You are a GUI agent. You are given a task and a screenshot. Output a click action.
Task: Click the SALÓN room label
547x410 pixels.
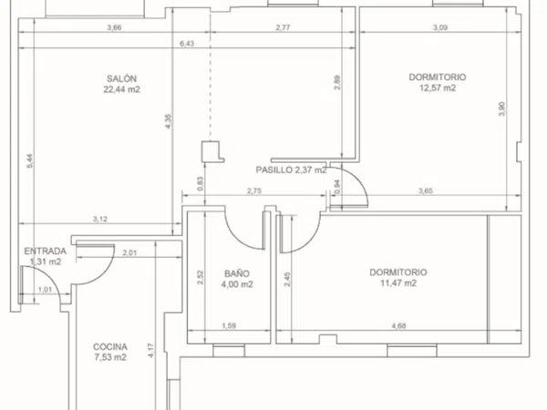pyautogui.click(x=121, y=78)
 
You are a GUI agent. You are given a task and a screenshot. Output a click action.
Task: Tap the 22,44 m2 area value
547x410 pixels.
pyautogui.click(x=121, y=89)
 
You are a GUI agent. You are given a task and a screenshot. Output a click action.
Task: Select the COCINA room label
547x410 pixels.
pyautogui.click(x=110, y=347)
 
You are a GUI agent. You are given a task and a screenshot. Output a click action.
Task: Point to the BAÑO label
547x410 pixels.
pyautogui.click(x=237, y=273)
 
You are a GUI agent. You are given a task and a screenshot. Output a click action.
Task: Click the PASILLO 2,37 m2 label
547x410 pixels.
pyautogui.click(x=292, y=170)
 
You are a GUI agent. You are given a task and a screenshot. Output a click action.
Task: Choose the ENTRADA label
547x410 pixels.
pyautogui.click(x=45, y=251)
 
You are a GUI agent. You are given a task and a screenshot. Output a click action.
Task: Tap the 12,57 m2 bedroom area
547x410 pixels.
pyautogui.click(x=438, y=87)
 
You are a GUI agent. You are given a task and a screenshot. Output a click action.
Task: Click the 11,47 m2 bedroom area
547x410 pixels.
pyautogui.click(x=398, y=283)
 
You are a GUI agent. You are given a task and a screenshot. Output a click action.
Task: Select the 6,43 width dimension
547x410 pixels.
pyautogui.click(x=187, y=44)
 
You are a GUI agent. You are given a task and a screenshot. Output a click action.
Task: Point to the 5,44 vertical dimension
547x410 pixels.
pyautogui.click(x=30, y=161)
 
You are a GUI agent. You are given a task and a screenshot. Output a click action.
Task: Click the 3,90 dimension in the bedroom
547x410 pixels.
pyautogui.click(x=502, y=109)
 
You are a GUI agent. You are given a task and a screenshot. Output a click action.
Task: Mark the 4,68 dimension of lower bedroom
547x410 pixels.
pyautogui.click(x=398, y=326)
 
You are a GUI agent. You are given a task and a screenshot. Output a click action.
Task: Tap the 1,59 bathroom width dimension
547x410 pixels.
pyautogui.click(x=229, y=326)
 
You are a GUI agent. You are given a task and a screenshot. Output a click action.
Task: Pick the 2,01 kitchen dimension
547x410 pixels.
pyautogui.click(x=129, y=252)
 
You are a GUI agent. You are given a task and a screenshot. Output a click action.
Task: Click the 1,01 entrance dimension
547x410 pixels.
pyautogui.click(x=45, y=290)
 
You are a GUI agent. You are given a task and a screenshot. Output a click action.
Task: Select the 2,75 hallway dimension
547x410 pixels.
pyautogui.click(x=254, y=191)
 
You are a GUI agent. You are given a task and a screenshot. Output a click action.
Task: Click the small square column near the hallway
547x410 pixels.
pyautogui.click(x=211, y=151)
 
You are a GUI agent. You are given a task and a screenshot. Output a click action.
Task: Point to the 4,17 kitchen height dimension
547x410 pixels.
pyautogui.click(x=150, y=351)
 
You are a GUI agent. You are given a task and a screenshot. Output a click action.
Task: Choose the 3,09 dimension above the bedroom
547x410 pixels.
pyautogui.click(x=440, y=27)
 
